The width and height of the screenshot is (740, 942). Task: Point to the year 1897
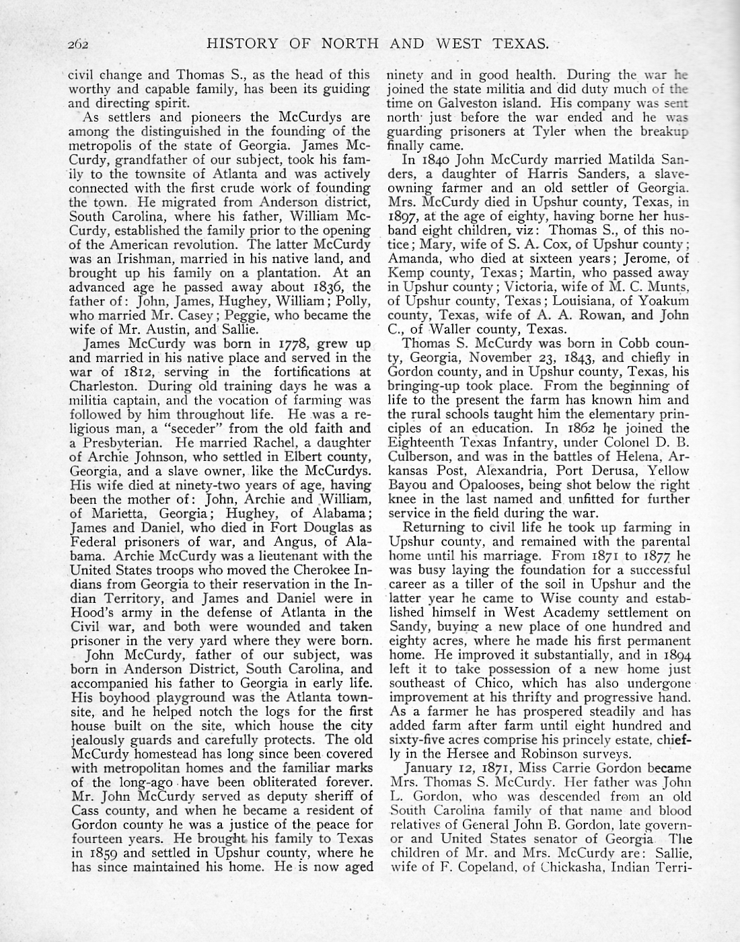(x=404, y=217)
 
